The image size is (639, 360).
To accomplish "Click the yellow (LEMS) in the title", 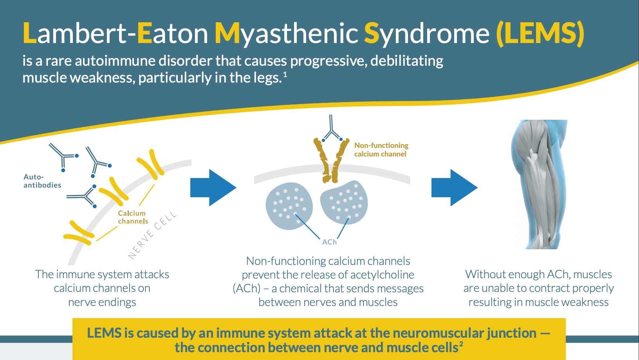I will [x=540, y=33].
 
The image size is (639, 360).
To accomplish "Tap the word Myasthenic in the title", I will [x=286, y=33].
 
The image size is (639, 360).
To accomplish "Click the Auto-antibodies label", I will [x=42, y=181].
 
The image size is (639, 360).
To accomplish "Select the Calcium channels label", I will [x=133, y=217].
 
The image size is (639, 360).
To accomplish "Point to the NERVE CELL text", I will [x=152, y=236].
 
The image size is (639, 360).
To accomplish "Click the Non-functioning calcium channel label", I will [x=381, y=149].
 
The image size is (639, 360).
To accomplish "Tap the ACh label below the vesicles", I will [x=329, y=242].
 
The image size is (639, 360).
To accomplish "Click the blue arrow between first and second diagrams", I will [x=213, y=188].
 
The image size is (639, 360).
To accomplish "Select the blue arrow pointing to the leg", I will [x=454, y=188].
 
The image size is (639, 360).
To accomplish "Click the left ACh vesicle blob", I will [x=289, y=205].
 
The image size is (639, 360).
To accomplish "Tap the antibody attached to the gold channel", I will [x=332, y=129].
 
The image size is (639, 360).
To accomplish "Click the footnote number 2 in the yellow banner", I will [x=461, y=344].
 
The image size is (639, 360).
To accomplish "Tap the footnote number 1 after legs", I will [x=285, y=74].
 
